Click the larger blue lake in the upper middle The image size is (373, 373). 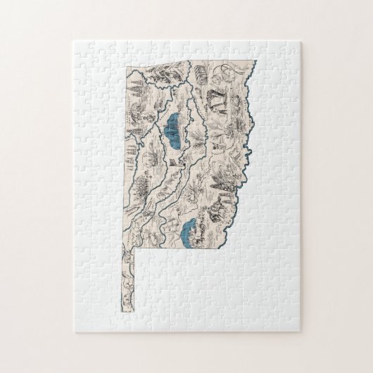coord(173,129)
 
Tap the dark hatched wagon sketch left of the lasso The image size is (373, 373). coord(201,72)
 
